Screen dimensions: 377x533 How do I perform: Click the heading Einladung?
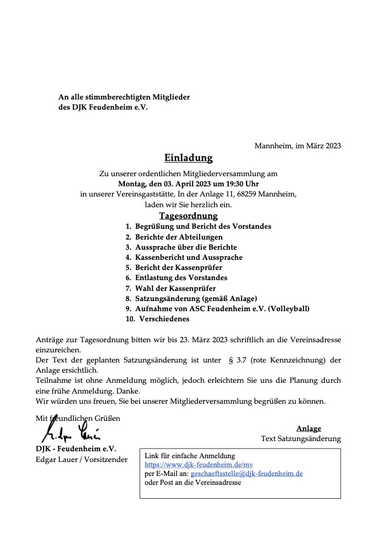(188, 158)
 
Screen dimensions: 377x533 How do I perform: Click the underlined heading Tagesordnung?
(188, 215)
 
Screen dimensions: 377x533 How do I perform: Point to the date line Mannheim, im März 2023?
(298, 146)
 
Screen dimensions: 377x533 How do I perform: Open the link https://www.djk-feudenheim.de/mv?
(190, 465)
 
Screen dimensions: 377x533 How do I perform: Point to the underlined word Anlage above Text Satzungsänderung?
(309, 428)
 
